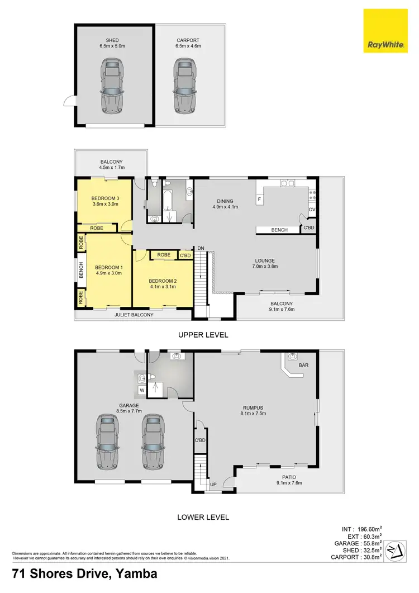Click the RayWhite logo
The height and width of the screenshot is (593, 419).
pyautogui.click(x=385, y=32)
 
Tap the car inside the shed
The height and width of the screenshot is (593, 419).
pyautogui.click(x=112, y=87)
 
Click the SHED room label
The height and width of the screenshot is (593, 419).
pyautogui.click(x=112, y=40)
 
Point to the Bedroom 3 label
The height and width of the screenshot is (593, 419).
pyautogui.click(x=105, y=198)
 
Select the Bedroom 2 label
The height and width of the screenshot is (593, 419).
pyautogui.click(x=163, y=281)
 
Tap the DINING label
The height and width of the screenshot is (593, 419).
pyautogui.click(x=225, y=201)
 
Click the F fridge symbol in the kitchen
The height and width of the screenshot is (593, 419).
pyautogui.click(x=260, y=200)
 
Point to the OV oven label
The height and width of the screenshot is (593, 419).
pyautogui.click(x=312, y=210)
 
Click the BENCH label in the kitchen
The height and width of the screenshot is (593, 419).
pyautogui.click(x=279, y=230)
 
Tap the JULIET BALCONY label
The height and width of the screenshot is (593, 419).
pyautogui.click(x=134, y=315)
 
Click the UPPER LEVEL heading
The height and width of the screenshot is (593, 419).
pyautogui.click(x=203, y=335)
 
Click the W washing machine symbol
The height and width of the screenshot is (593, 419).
pyautogui.click(x=142, y=390)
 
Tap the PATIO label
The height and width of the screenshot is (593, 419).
pyautogui.click(x=288, y=477)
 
